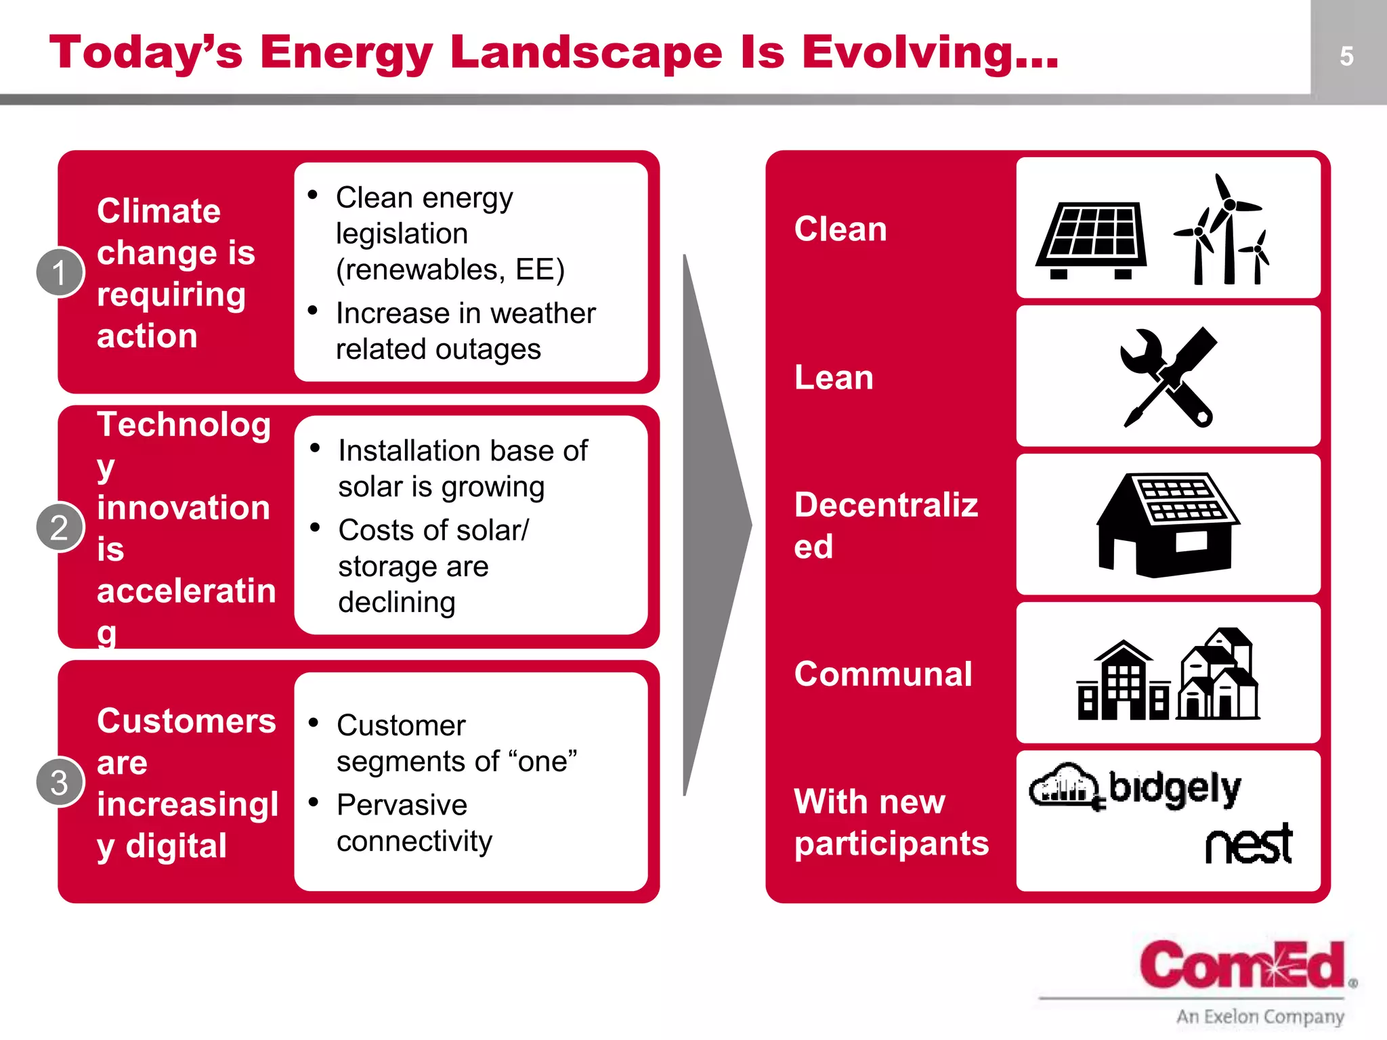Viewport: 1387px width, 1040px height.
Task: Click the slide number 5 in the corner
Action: coord(1346,56)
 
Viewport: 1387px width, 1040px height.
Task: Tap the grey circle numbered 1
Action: coord(60,272)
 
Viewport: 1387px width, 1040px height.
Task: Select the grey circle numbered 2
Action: coord(60,527)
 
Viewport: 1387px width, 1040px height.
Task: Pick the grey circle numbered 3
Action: coord(60,782)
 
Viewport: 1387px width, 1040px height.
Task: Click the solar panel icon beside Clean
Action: coord(1091,240)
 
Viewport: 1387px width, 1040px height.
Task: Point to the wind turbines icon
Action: coord(1222,230)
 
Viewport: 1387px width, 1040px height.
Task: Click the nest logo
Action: coord(1249,844)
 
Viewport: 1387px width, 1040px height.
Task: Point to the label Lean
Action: coord(834,377)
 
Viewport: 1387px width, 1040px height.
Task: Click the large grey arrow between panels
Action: coord(711,525)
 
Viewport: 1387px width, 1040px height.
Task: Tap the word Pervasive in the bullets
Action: coord(402,804)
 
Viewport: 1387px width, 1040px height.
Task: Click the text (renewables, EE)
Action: coord(450,269)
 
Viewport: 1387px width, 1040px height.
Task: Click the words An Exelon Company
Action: coord(1260,1016)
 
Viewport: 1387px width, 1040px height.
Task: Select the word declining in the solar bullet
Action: coord(396,602)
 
